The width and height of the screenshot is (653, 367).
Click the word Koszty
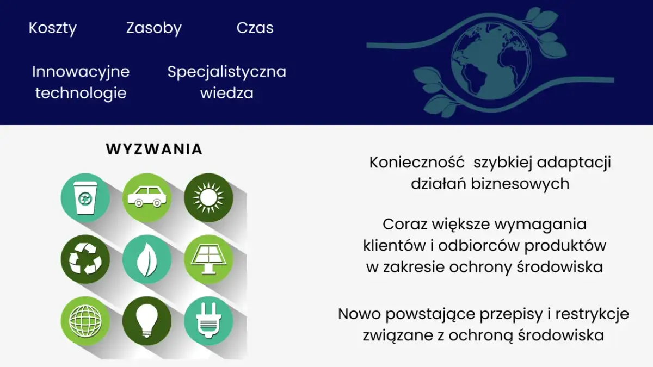(x=53, y=28)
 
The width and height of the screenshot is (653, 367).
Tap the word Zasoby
(x=154, y=28)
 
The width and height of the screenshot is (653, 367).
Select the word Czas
(x=255, y=28)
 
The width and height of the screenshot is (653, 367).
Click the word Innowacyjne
(x=81, y=71)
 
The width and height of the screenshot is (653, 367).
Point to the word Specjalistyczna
(x=226, y=71)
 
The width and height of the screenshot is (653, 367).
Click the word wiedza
(x=226, y=93)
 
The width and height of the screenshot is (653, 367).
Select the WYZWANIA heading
(x=154, y=149)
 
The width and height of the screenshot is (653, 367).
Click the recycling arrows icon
(x=84, y=259)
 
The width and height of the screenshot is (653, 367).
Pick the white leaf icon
(x=146, y=259)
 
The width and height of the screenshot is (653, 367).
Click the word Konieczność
(x=417, y=163)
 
